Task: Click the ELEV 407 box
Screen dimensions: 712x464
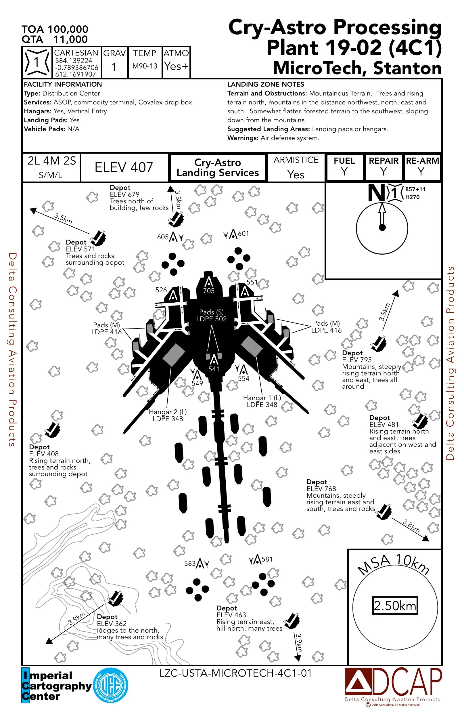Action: [x=124, y=167]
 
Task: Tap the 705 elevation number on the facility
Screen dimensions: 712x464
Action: [x=209, y=291]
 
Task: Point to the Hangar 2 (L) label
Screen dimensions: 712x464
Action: [x=168, y=415]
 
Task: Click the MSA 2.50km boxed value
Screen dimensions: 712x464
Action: [x=395, y=606]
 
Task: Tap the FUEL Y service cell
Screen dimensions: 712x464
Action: [x=344, y=167]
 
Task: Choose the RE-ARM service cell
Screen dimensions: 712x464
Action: [x=422, y=167]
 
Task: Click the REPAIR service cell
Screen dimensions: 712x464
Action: [x=383, y=167]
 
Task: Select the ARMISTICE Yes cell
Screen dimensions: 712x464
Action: [x=296, y=167]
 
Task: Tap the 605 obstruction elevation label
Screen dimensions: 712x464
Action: [x=163, y=237]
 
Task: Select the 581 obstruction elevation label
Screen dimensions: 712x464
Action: [x=267, y=559]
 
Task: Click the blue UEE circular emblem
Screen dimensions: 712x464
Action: [x=111, y=685]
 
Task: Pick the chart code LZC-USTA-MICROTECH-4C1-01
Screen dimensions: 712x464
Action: [x=235, y=673]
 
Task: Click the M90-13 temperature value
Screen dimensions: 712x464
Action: [x=145, y=66]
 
